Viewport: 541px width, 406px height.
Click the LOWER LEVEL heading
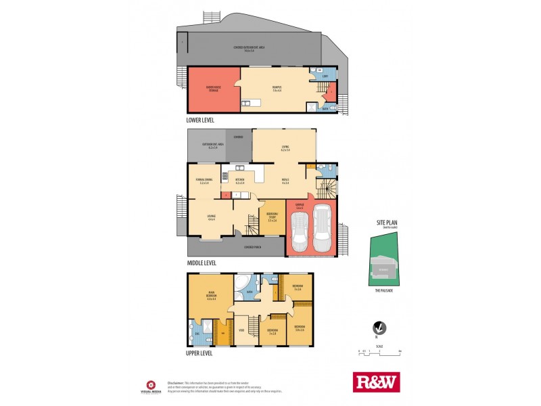coord(201,120)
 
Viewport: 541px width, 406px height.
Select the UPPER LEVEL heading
coord(200,353)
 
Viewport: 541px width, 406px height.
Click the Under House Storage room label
coord(213,89)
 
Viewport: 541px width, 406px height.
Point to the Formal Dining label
coord(203,180)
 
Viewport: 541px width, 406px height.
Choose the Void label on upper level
coord(241,330)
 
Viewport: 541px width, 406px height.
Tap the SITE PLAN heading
coord(386,222)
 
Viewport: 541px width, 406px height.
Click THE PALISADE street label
coord(384,290)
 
